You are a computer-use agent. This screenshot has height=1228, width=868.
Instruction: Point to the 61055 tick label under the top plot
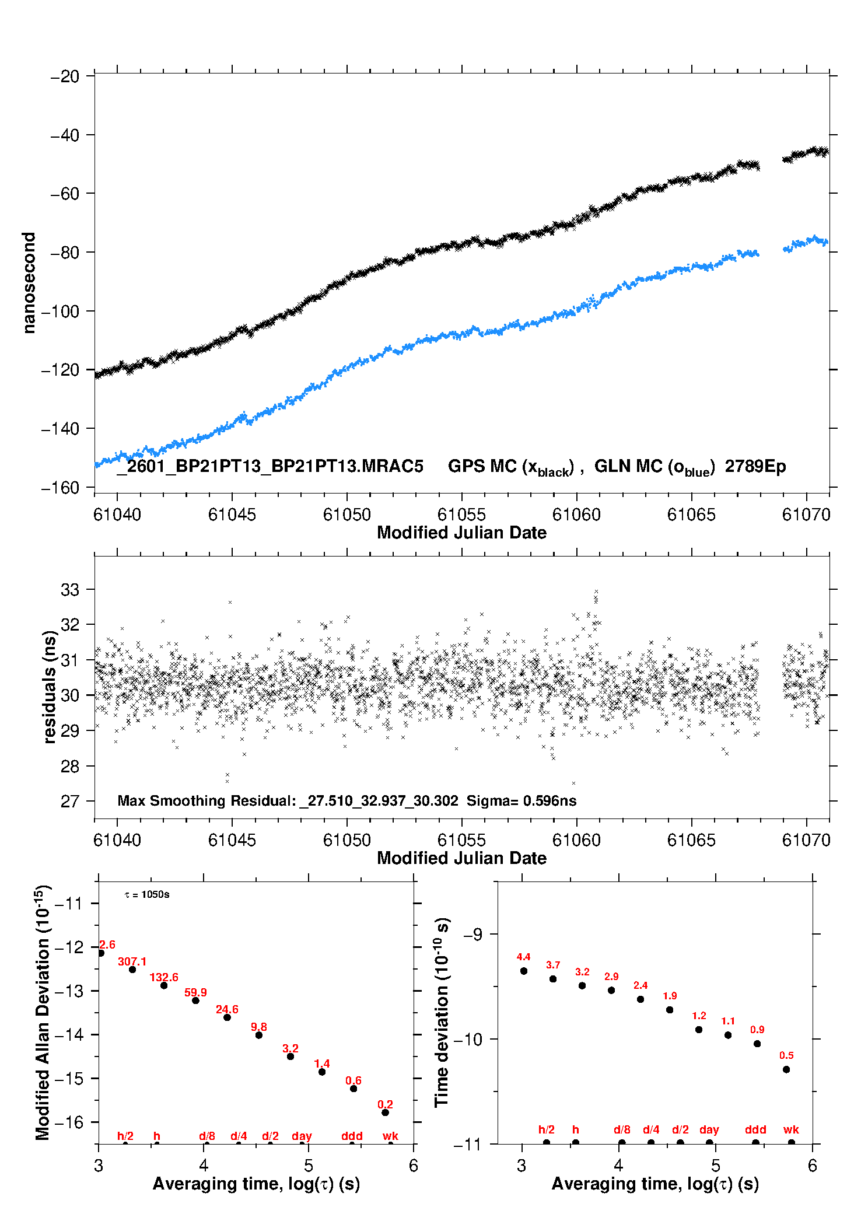pos(461,515)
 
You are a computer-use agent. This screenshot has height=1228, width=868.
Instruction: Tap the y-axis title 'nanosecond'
pos(29,283)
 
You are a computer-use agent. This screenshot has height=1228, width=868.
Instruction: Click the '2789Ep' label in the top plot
pos(755,466)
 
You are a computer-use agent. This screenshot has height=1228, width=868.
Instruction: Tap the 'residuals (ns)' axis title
pos(50,687)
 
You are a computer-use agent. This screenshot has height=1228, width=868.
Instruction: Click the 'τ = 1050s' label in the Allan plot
pos(147,895)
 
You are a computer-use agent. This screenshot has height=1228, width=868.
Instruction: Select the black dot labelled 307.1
pos(132,970)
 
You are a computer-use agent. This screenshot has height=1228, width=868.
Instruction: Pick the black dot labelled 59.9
pos(195,1000)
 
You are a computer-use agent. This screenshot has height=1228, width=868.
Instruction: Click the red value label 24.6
pos(227,1009)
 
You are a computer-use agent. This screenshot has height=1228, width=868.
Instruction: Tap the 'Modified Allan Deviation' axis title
pos(43,1012)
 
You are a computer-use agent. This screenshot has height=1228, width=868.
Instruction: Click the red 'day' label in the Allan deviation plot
pos(302,1136)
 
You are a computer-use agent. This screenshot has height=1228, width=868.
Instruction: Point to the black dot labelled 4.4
pos(524,971)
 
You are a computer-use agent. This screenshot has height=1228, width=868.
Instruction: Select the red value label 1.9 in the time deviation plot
pos(670,996)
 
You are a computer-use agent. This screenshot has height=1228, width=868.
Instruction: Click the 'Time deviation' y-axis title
pos(442,1013)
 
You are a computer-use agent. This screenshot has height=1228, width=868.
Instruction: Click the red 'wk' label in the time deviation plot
pos(791,1129)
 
